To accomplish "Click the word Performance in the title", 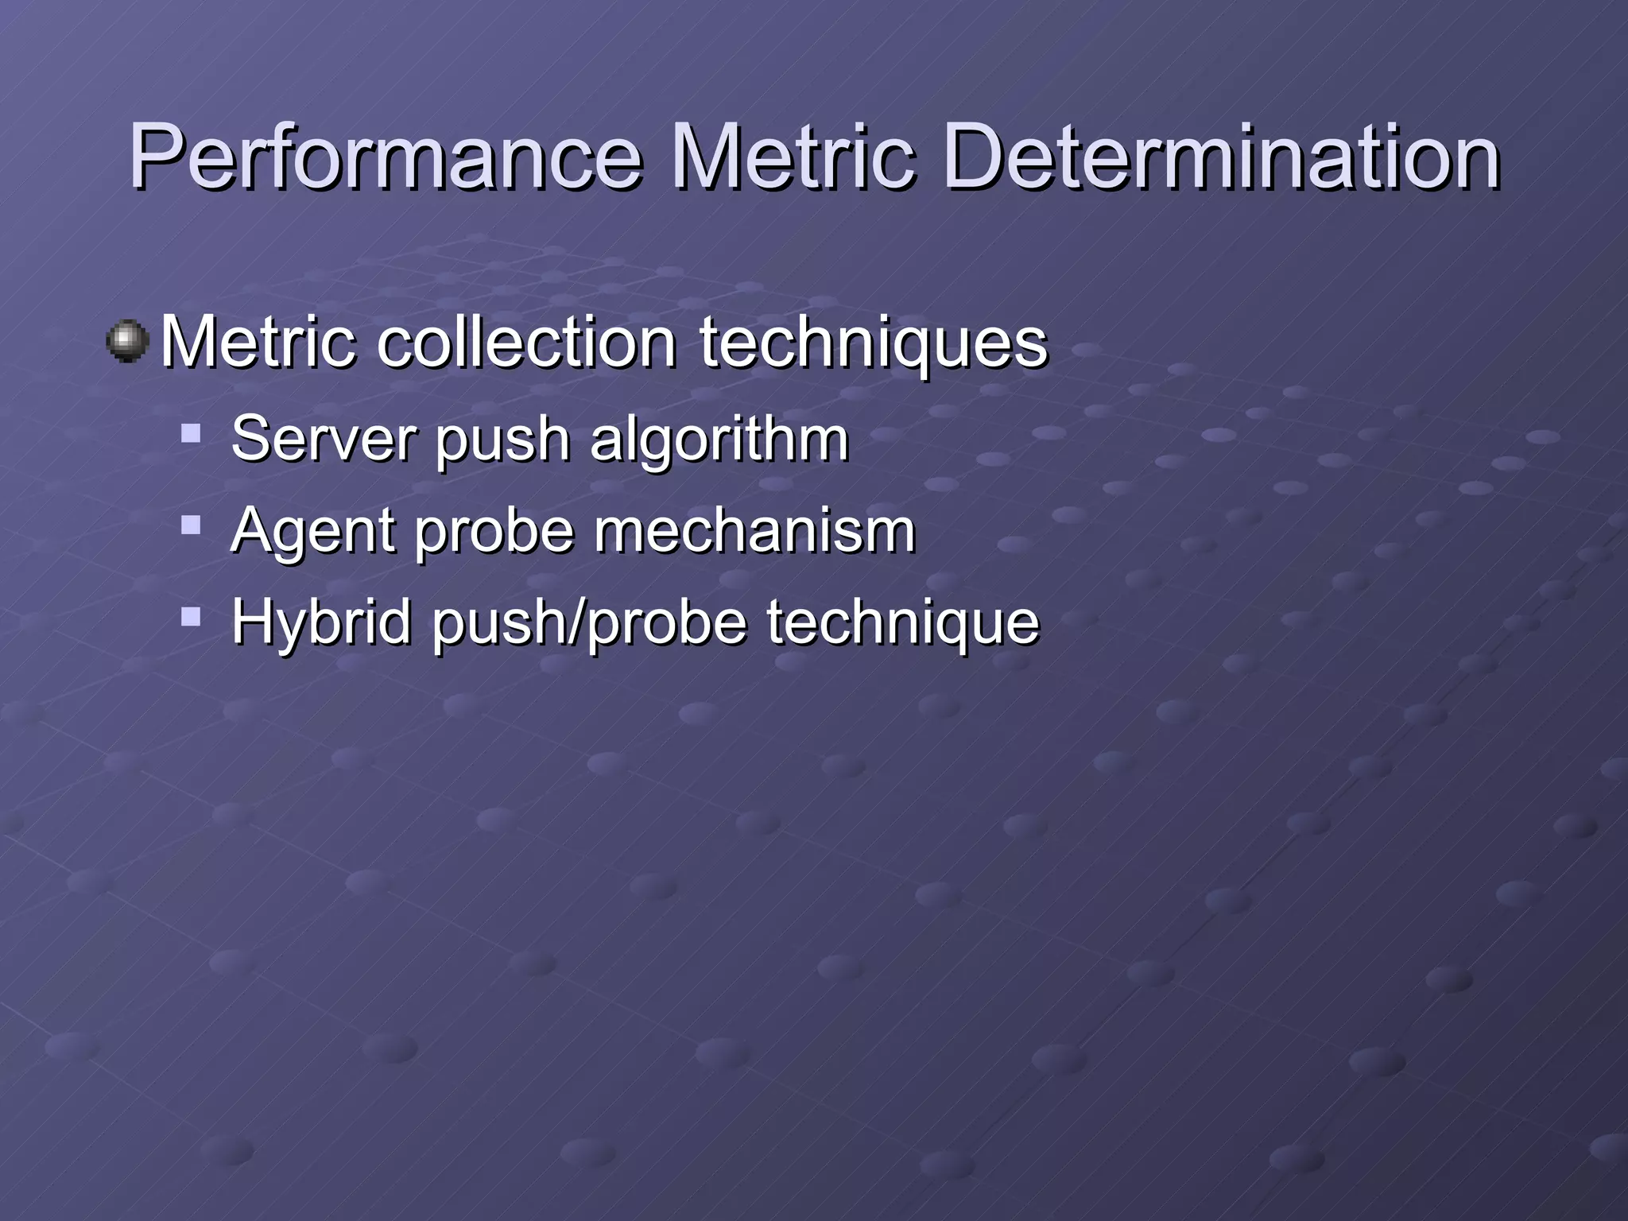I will tap(385, 157).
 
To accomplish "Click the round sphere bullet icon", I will tap(127, 342).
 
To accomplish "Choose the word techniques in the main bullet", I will tap(874, 343).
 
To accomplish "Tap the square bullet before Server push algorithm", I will tap(191, 433).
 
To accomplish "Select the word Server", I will tap(321, 438).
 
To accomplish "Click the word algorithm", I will tap(719, 440).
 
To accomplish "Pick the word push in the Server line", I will tap(502, 440).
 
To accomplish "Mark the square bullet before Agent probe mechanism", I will tap(191, 525).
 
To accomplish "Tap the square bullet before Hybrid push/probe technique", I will tap(191, 616).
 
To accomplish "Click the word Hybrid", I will tap(321, 622).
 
